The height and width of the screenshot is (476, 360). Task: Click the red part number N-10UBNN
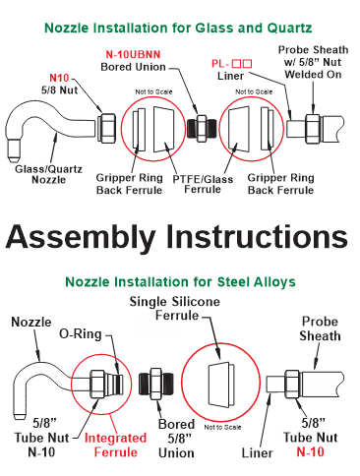pos(133,54)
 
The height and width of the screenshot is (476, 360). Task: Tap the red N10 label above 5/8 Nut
pos(59,78)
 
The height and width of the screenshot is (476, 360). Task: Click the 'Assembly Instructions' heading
pos(177,237)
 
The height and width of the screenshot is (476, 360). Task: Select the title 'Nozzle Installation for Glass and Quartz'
pos(178,28)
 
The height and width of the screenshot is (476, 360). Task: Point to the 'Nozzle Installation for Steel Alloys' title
pos(180,282)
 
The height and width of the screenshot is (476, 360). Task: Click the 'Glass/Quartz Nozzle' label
pos(48,174)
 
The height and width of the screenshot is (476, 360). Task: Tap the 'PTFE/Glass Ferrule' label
pos(203,184)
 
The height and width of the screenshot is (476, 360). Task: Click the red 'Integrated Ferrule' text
pos(115,446)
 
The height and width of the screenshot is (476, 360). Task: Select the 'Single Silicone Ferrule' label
pos(175,309)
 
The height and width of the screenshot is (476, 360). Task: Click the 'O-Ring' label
pos(81,334)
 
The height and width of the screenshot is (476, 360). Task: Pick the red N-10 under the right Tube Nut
pos(310,451)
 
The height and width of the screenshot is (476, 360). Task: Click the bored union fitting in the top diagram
pos(202,128)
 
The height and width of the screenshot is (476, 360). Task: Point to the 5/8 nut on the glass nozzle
pos(107,128)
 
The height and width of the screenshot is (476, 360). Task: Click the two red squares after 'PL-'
pos(242,63)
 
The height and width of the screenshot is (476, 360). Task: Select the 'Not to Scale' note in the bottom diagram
pos(222,427)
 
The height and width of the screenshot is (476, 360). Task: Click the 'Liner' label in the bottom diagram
pos(257,453)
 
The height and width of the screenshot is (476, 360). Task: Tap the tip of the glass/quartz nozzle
pos(14,159)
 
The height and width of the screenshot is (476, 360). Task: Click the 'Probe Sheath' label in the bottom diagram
pos(320,328)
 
